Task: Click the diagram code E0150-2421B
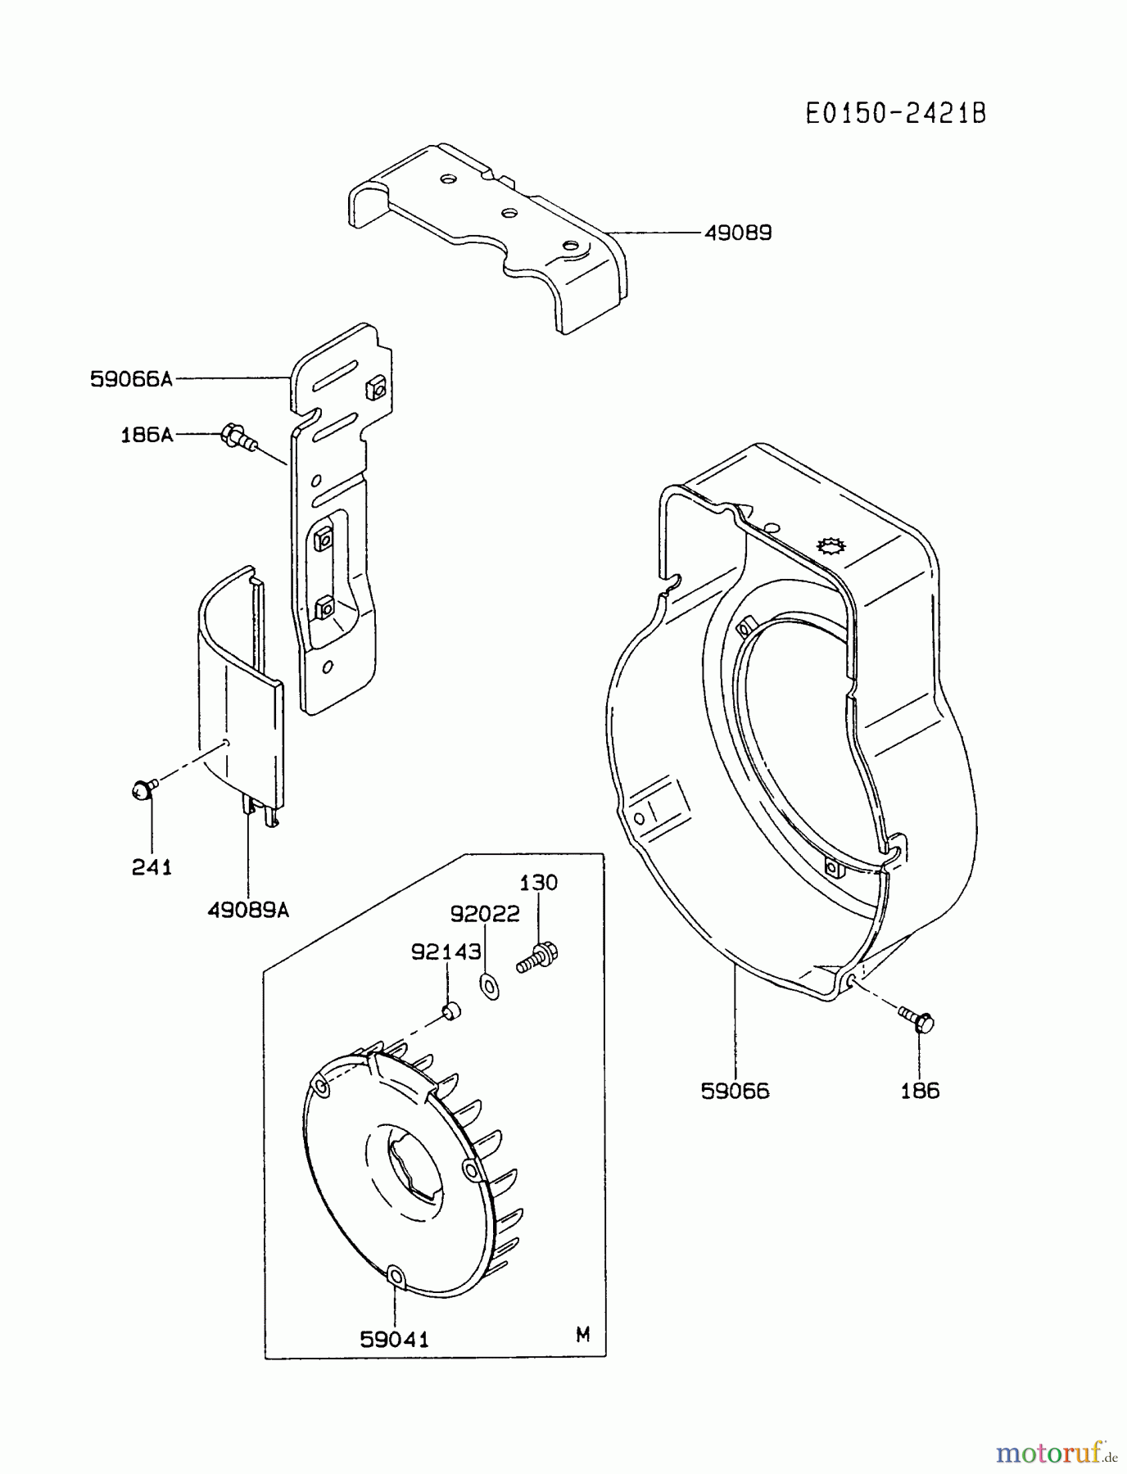[x=896, y=113]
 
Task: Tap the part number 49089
[x=738, y=233]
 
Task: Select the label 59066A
[x=131, y=379]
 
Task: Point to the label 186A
[x=147, y=435]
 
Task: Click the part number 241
[x=152, y=867]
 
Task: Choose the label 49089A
[x=248, y=910]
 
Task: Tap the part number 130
[x=538, y=883]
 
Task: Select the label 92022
[x=485, y=914]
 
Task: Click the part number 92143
[x=446, y=952]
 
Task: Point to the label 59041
[x=394, y=1339]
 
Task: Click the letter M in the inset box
[x=582, y=1336]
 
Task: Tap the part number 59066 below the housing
[x=735, y=1091]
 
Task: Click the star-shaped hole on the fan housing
[x=830, y=546]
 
